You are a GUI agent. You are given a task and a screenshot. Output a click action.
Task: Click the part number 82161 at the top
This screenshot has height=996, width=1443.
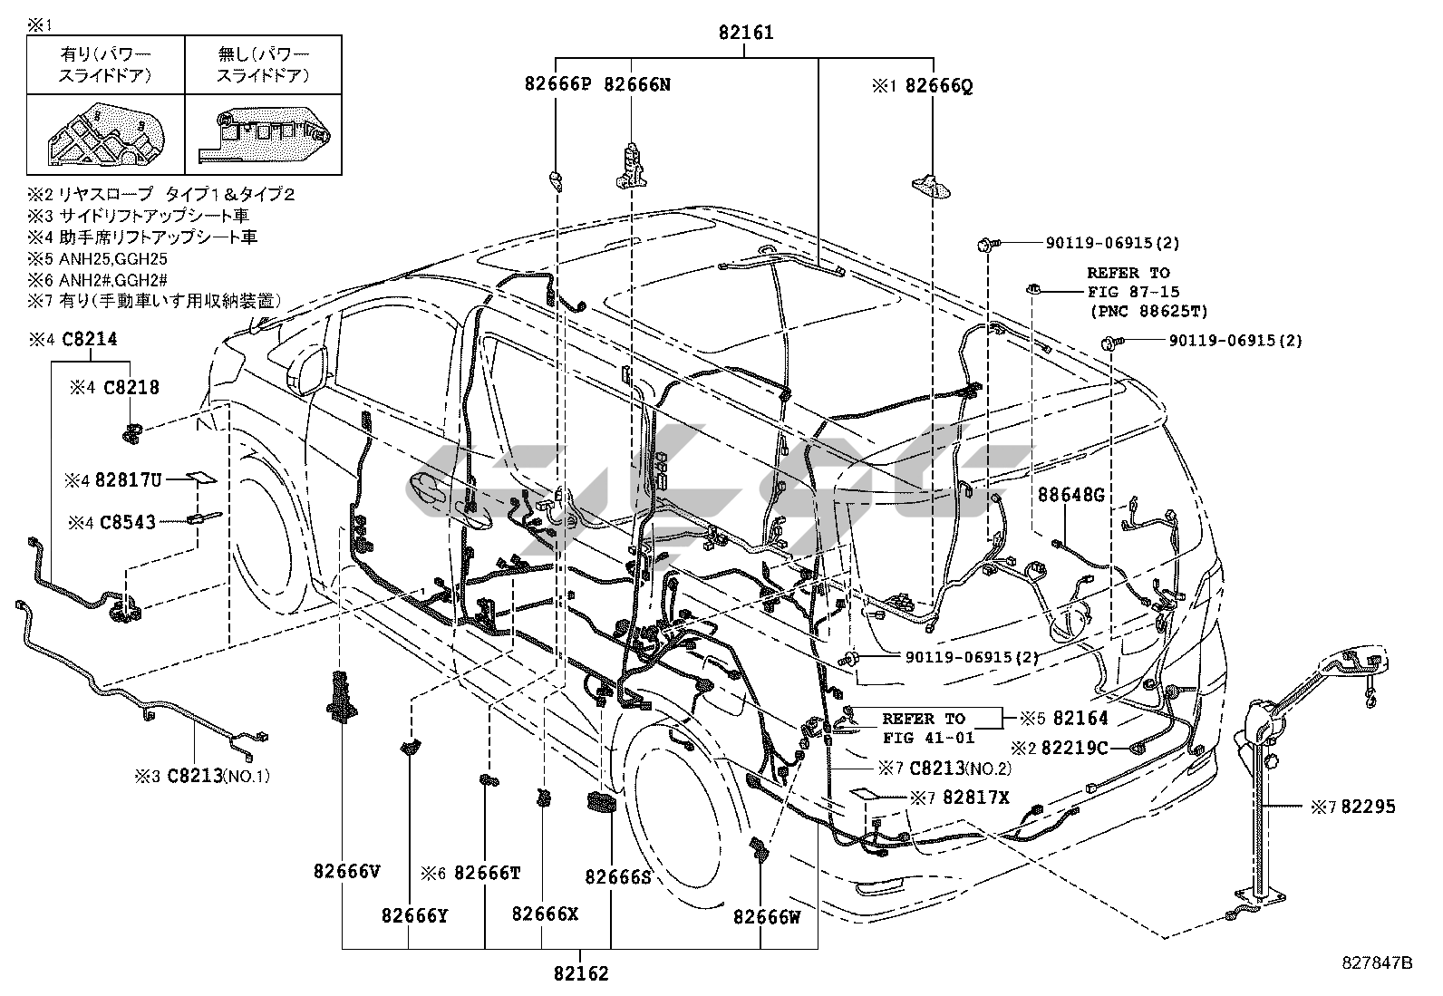pyautogui.click(x=746, y=34)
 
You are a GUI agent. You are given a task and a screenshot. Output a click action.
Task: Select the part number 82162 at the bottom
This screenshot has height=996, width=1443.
pyautogui.click(x=581, y=973)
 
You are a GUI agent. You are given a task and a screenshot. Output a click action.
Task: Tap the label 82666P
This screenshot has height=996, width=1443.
pyautogui.click(x=557, y=84)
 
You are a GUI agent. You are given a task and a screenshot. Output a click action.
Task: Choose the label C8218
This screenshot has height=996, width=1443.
pyautogui.click(x=131, y=387)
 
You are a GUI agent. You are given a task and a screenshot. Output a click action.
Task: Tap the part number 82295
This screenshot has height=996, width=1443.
pyautogui.click(x=1368, y=806)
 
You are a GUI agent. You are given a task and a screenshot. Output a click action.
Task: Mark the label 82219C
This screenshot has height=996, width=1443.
pyautogui.click(x=1074, y=748)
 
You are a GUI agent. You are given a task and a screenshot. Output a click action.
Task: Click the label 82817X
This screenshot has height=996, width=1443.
pyautogui.click(x=975, y=798)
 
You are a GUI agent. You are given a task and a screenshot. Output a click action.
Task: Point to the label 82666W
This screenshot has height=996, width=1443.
pyautogui.click(x=767, y=916)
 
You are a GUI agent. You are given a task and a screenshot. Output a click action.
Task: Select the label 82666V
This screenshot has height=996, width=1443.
pyautogui.click(x=346, y=871)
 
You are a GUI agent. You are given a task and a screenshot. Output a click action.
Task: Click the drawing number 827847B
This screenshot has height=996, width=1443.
pyautogui.click(x=1378, y=962)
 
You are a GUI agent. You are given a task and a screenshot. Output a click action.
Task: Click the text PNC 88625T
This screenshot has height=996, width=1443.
pyautogui.click(x=1148, y=312)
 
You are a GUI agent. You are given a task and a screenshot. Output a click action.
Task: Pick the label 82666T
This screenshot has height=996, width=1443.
pyautogui.click(x=487, y=873)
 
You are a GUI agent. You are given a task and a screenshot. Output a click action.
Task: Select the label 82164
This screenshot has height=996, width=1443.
pyautogui.click(x=1080, y=719)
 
